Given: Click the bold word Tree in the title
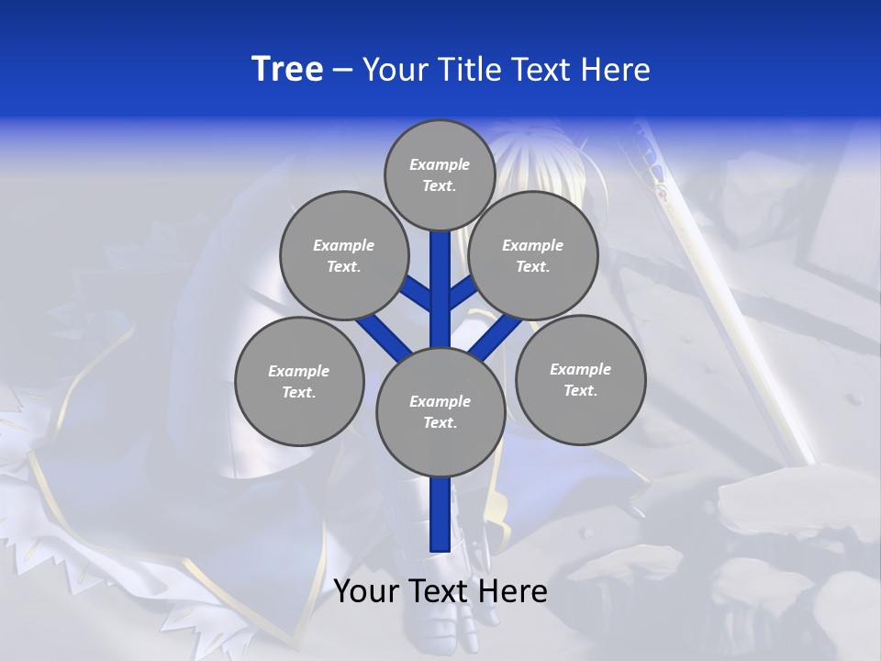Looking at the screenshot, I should [287, 70].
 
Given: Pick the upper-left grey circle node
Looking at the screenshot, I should [343, 255].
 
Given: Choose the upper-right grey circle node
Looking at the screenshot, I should [533, 255].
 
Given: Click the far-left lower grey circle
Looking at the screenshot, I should [299, 381].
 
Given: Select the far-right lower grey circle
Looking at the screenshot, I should [581, 379].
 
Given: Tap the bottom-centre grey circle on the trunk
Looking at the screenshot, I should [440, 412].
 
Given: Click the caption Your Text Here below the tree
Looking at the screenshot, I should [440, 591].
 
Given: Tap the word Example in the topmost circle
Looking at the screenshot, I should [440, 164].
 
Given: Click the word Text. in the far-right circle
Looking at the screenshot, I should [581, 390].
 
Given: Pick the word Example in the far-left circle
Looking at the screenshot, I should [298, 371].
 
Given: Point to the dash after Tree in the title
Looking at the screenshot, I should [342, 70].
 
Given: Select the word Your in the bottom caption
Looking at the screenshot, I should [365, 591].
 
